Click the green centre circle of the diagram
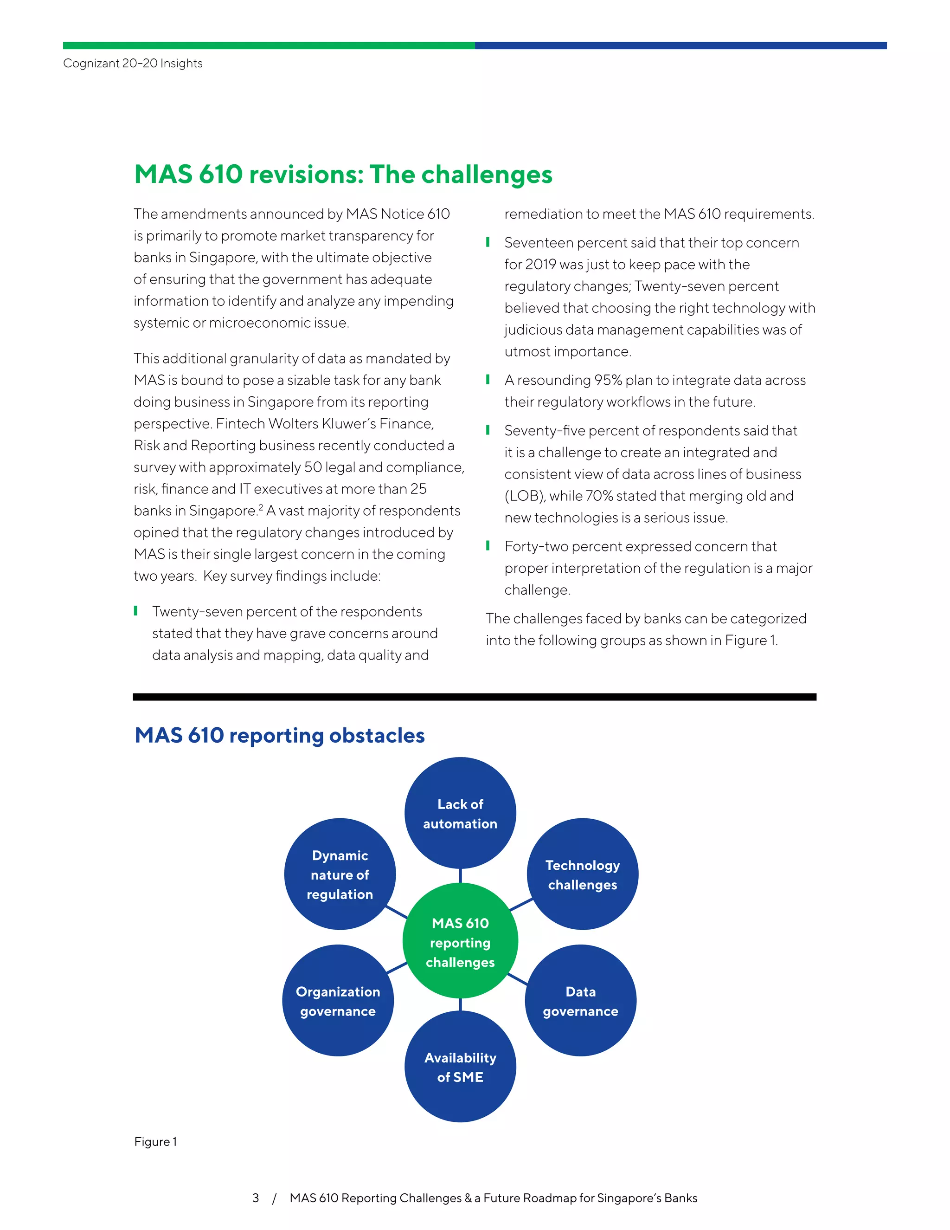tap(460, 942)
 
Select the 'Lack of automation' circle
tap(460, 813)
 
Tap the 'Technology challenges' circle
tap(582, 874)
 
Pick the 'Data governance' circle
tap(580, 1001)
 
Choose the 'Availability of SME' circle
tap(460, 1067)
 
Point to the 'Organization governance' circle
tap(338, 1001)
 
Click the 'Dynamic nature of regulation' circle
tap(340, 874)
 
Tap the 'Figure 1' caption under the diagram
tap(155, 1142)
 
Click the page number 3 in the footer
tap(256, 1198)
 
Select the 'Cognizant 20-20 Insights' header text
tap(133, 63)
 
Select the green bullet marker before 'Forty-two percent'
tap(488, 546)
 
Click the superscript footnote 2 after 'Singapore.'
tap(261, 507)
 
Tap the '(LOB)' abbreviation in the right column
tap(524, 496)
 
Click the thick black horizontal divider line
tap(475, 697)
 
